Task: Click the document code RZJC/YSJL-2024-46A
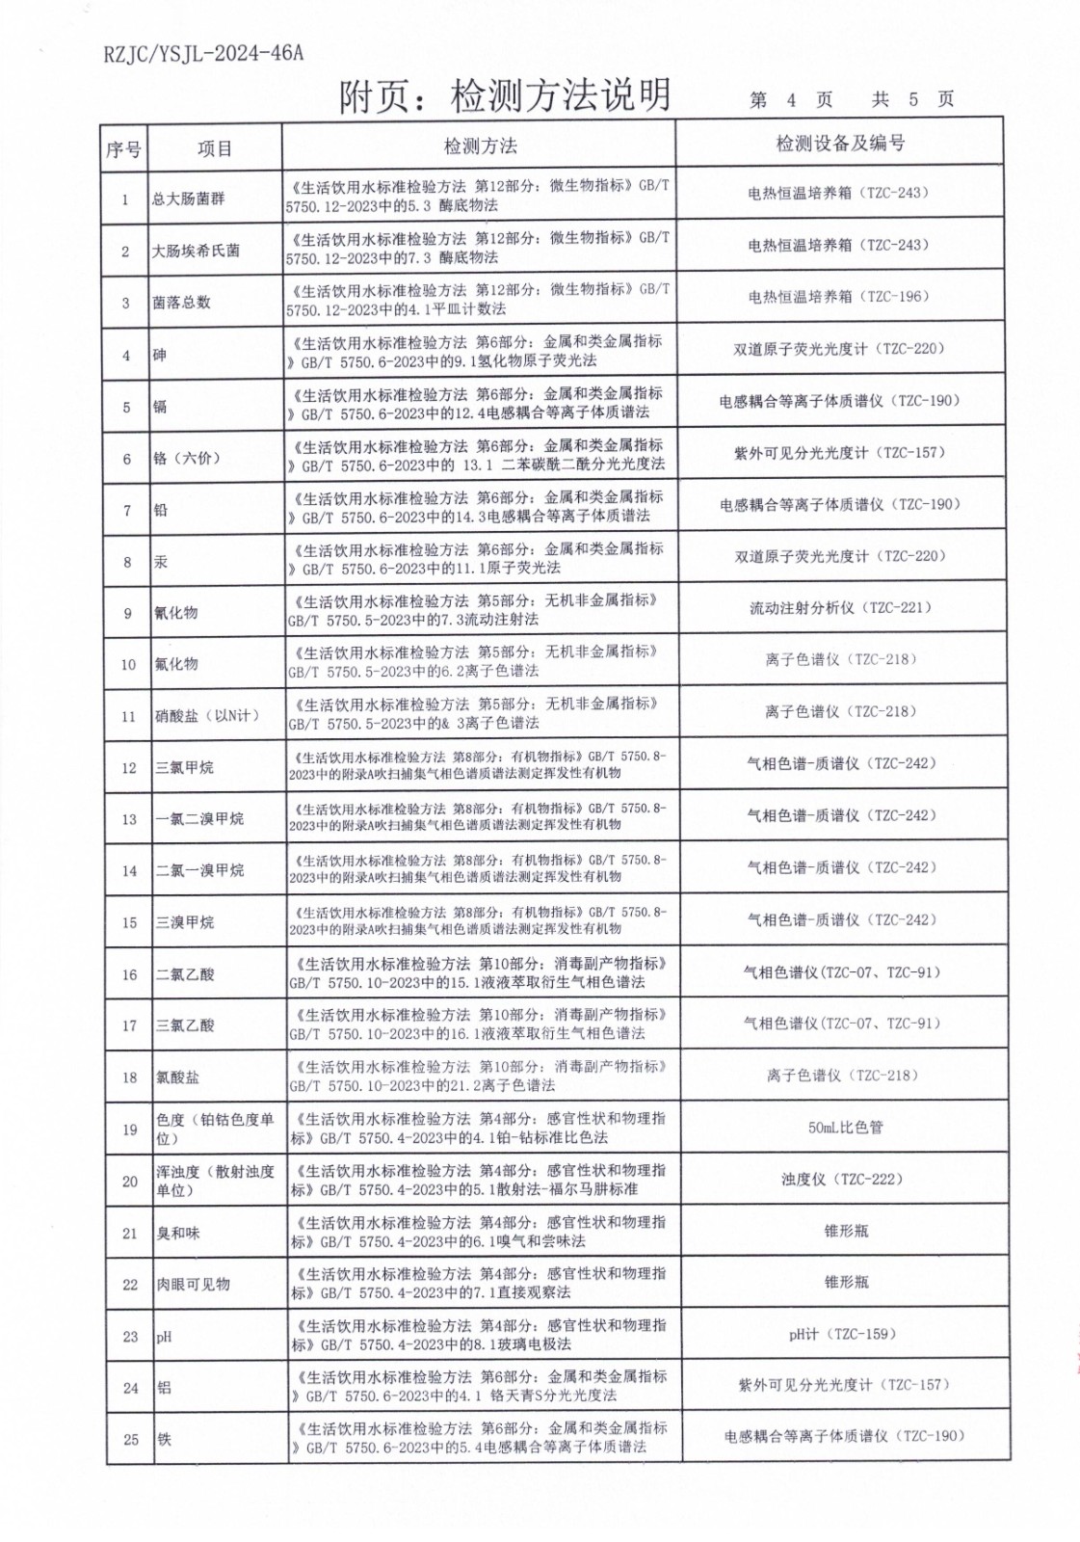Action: (x=202, y=53)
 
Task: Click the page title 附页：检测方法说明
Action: (x=504, y=96)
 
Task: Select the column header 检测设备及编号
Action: (x=840, y=144)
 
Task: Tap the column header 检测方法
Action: (x=480, y=146)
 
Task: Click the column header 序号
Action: (x=123, y=149)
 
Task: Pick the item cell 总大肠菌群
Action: (x=189, y=199)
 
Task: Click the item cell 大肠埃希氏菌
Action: (x=196, y=252)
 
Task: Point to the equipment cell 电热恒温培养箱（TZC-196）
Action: (x=839, y=297)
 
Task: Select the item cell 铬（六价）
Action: (x=187, y=459)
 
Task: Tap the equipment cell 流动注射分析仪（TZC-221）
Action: (x=841, y=608)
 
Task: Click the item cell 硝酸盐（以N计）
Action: (x=207, y=716)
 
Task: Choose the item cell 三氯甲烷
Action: (x=185, y=768)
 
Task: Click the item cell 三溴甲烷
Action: (x=185, y=922)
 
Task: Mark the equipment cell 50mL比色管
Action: (x=845, y=1128)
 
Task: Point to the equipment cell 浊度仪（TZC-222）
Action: (x=845, y=1180)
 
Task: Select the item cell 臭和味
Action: (x=178, y=1234)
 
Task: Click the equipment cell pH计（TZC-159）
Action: (x=843, y=1335)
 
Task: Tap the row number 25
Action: (x=131, y=1440)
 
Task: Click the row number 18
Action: (x=130, y=1077)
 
